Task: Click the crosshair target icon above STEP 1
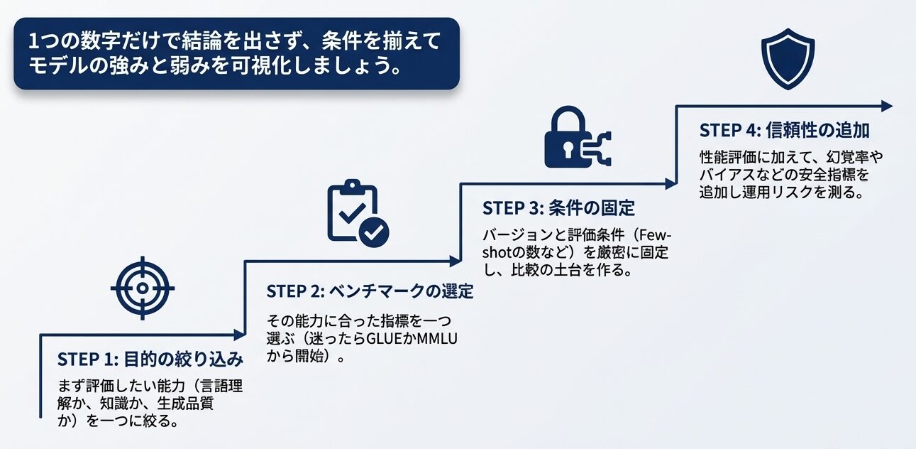(x=142, y=288)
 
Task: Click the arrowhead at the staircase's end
(x=886, y=106)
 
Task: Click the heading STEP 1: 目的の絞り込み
(x=150, y=358)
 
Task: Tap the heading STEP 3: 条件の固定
(x=558, y=208)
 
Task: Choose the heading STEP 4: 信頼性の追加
(x=785, y=131)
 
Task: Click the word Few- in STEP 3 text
(x=656, y=235)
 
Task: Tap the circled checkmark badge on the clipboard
(x=374, y=230)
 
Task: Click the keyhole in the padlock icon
(x=564, y=150)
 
